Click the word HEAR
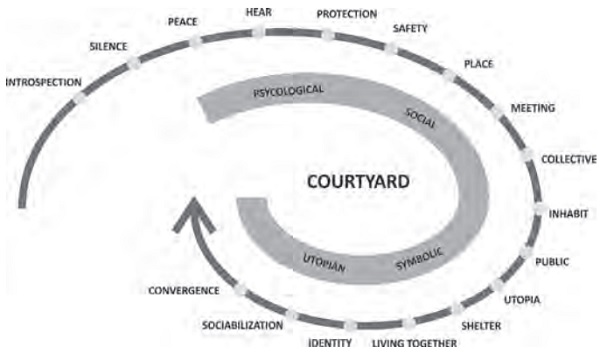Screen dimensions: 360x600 [259, 12]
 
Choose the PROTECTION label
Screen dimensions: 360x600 [346, 14]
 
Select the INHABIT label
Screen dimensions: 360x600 [568, 212]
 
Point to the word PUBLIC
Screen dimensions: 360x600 [552, 262]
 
